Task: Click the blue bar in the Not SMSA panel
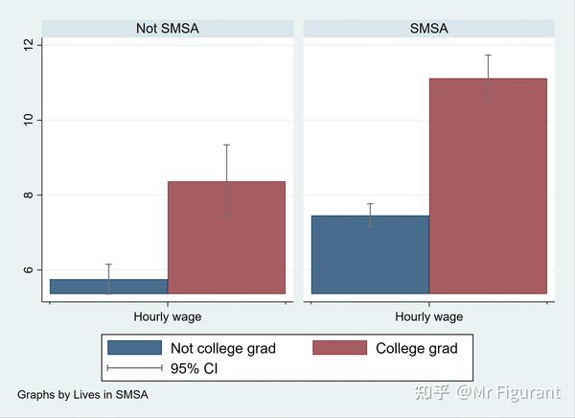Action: click(x=108, y=287)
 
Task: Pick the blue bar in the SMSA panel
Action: click(x=370, y=254)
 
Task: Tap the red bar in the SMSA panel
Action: click(x=488, y=186)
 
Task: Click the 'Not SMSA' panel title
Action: click(x=167, y=29)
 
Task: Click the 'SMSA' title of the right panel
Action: click(x=428, y=29)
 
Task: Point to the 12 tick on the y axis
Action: click(x=29, y=44)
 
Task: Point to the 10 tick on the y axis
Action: click(x=29, y=119)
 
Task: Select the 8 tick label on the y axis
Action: click(x=29, y=195)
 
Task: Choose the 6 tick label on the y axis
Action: click(x=29, y=269)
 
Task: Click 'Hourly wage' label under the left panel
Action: click(x=167, y=316)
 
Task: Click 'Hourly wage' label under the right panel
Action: click(x=428, y=316)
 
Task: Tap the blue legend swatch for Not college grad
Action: click(x=134, y=348)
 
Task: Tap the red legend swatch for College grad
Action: click(x=340, y=348)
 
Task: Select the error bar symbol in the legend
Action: click(x=134, y=368)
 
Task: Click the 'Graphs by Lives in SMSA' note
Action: click(x=82, y=394)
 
